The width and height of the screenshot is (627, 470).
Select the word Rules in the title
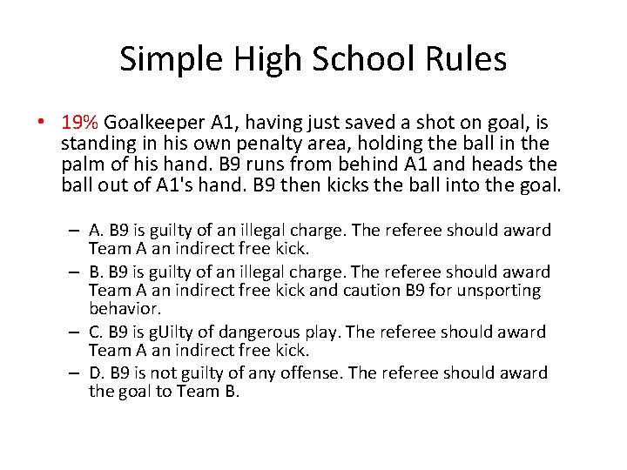coord(469,60)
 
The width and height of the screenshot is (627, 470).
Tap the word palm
coord(81,164)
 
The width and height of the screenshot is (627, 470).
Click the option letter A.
coord(95,231)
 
